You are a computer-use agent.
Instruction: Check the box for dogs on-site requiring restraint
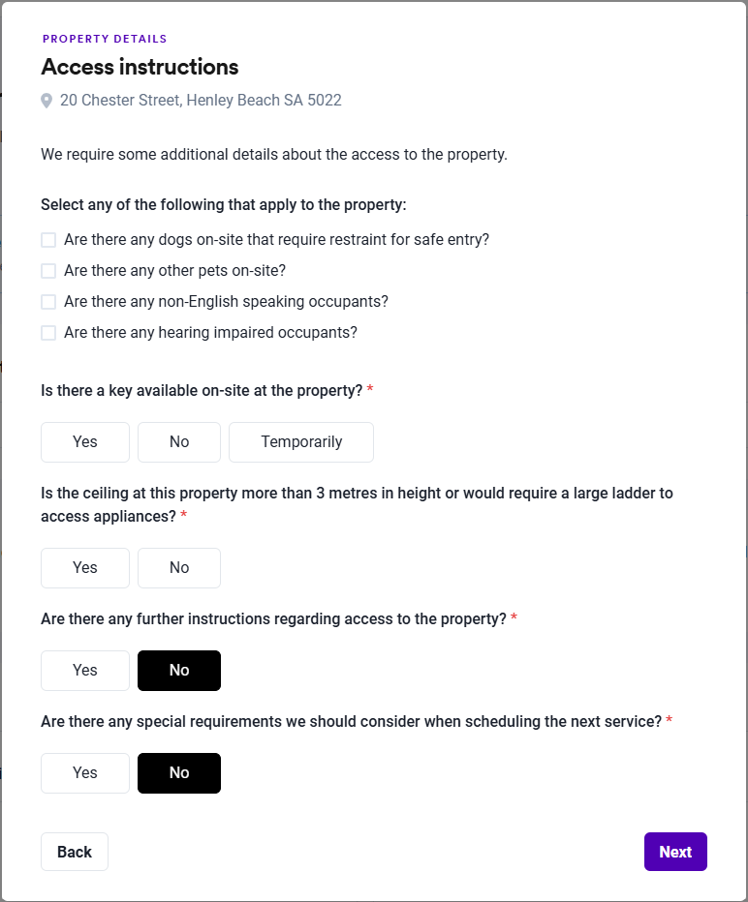(48, 240)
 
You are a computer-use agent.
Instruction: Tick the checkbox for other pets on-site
(48, 271)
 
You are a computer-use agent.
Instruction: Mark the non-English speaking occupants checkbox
(48, 302)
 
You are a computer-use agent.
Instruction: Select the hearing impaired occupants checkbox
(48, 333)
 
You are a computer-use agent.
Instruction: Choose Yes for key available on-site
(85, 442)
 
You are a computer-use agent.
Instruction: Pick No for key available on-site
(179, 442)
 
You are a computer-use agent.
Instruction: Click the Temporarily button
(301, 442)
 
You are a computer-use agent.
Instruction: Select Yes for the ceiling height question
(85, 568)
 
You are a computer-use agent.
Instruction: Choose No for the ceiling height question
(179, 568)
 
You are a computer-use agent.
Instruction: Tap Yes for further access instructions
(85, 671)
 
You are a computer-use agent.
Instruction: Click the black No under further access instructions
(179, 671)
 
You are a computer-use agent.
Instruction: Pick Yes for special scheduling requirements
(85, 773)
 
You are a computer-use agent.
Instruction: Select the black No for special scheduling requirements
(179, 773)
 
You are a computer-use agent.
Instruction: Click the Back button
(75, 852)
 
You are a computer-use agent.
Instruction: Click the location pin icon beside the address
(47, 101)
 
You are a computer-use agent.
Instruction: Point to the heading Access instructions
(140, 67)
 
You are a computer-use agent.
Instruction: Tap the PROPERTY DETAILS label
(105, 40)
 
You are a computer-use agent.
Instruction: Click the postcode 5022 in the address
(325, 101)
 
